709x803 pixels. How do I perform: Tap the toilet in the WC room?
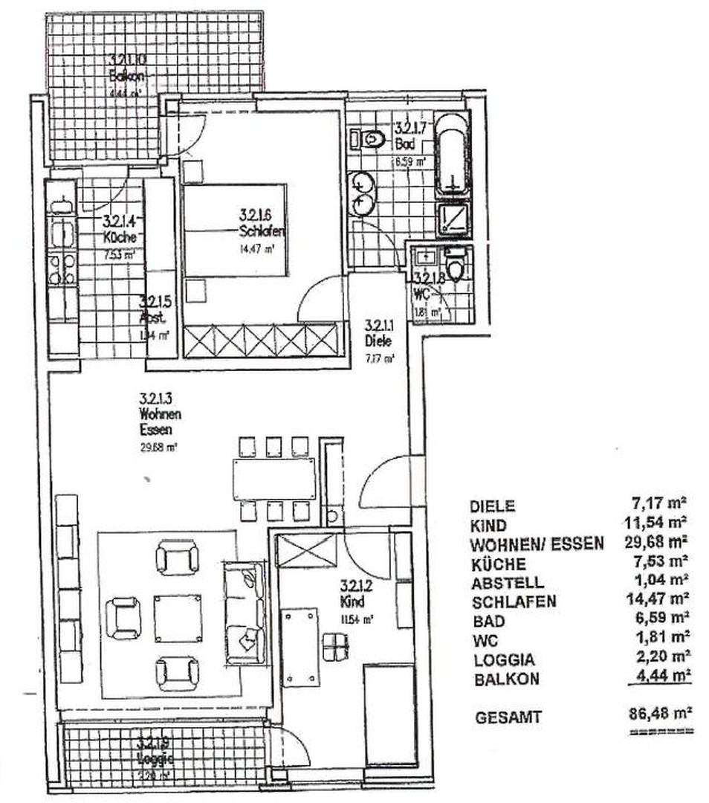(x=456, y=267)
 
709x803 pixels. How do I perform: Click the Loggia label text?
(x=156, y=759)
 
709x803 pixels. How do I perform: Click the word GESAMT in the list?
(x=509, y=717)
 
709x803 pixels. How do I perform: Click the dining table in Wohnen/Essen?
(x=273, y=478)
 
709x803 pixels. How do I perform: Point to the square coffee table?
(x=178, y=618)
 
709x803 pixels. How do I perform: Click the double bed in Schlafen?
(x=235, y=230)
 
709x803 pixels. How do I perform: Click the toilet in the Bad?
(x=372, y=138)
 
